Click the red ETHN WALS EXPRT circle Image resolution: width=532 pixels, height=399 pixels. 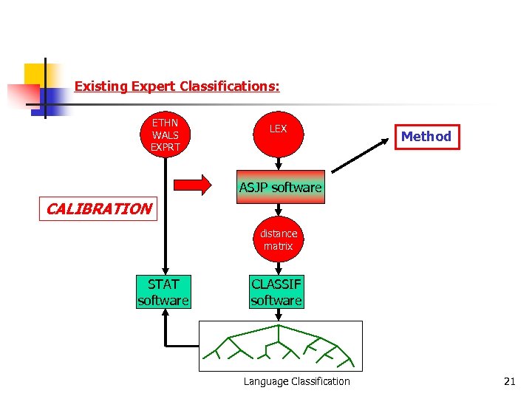(166, 135)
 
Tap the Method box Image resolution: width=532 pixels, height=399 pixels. (426, 137)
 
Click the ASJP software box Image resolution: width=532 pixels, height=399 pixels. (280, 188)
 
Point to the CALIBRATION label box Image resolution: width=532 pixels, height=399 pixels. (98, 209)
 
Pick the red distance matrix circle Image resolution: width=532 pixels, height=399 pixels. (278, 239)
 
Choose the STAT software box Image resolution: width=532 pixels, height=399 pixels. (163, 292)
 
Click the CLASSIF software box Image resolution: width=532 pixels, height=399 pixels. (276, 292)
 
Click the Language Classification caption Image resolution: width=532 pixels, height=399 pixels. (297, 381)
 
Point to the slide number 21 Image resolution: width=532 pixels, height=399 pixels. (509, 381)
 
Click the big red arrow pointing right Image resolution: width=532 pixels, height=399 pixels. (191, 185)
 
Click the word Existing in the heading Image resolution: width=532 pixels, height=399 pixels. (101, 86)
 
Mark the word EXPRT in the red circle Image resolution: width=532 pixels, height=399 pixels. (166, 147)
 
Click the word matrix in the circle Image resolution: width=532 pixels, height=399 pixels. (278, 246)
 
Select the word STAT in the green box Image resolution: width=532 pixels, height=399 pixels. (163, 284)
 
